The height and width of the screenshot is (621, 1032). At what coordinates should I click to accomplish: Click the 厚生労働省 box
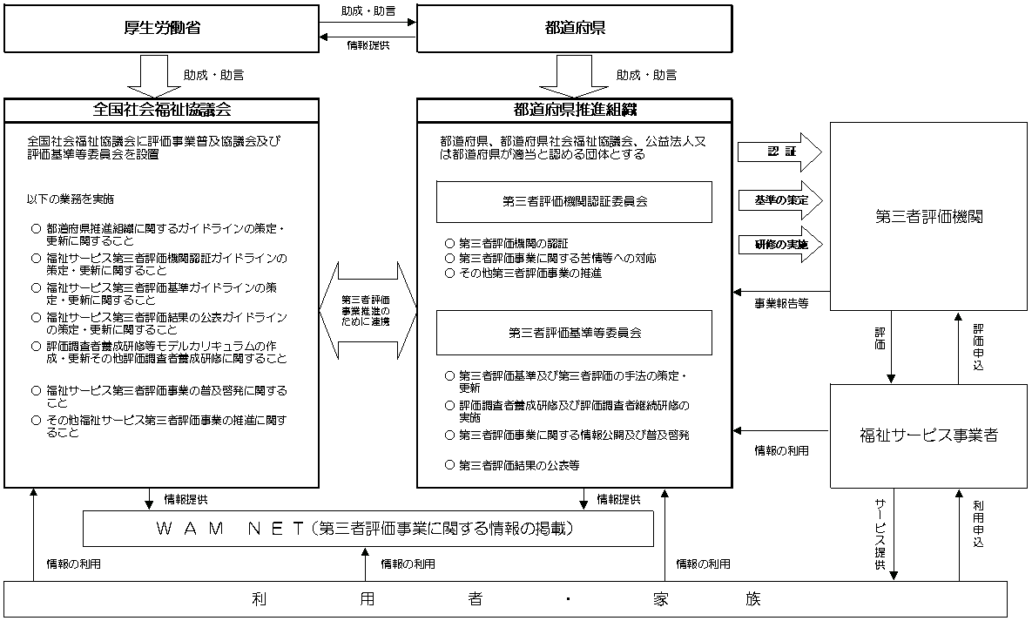pyautogui.click(x=161, y=28)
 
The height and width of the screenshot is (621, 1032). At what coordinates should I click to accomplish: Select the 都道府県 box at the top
pyautogui.click(x=574, y=28)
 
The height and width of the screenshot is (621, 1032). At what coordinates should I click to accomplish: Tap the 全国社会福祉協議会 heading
pyautogui.click(x=161, y=111)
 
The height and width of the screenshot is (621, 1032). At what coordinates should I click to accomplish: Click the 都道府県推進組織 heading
pyautogui.click(x=574, y=111)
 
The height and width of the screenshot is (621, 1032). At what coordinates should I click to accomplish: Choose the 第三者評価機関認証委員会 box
pyautogui.click(x=574, y=201)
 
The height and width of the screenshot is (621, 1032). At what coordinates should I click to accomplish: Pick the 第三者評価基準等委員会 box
pyautogui.click(x=574, y=332)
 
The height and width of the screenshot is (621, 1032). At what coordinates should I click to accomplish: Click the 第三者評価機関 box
pyautogui.click(x=928, y=217)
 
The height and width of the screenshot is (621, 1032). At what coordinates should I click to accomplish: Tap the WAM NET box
pyautogui.click(x=368, y=529)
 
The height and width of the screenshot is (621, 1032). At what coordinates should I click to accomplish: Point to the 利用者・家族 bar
pyautogui.click(x=505, y=599)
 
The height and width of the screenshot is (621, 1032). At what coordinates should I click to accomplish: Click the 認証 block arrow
pyautogui.click(x=779, y=152)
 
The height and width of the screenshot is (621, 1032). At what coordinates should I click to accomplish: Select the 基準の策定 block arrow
pyautogui.click(x=779, y=200)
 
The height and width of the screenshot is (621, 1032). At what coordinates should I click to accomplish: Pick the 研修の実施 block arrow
pyautogui.click(x=779, y=245)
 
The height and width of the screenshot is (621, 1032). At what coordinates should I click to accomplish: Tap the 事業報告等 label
pyautogui.click(x=781, y=304)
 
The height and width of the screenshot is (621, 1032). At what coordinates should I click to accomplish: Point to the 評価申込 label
pyautogui.click(x=978, y=347)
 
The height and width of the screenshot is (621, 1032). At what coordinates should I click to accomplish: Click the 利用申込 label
pyautogui.click(x=978, y=523)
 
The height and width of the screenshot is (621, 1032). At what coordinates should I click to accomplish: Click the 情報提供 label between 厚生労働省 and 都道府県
pyautogui.click(x=368, y=44)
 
